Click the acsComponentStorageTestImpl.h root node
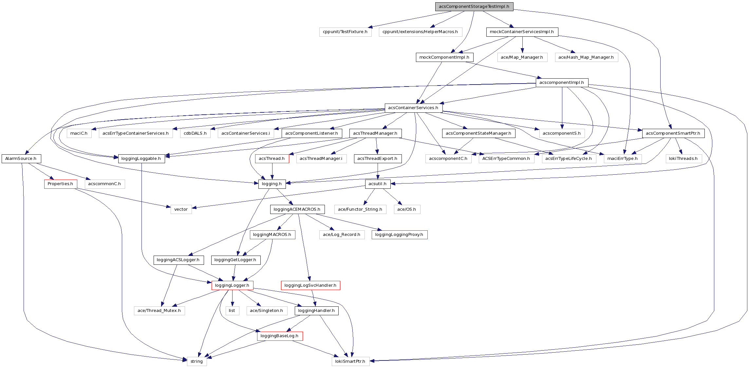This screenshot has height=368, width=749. click(474, 7)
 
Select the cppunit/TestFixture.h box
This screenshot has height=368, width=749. click(345, 32)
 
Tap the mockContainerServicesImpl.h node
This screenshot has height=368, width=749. click(522, 32)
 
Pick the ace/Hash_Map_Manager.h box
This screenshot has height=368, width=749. click(586, 57)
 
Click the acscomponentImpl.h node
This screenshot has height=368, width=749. click(562, 83)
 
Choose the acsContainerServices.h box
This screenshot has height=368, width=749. click(413, 108)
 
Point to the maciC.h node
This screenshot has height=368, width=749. click(79, 133)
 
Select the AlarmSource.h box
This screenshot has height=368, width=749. click(21, 159)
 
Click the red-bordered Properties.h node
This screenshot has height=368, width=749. click(61, 184)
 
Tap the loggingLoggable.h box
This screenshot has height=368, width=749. click(141, 159)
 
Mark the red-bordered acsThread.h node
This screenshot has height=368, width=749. click(272, 159)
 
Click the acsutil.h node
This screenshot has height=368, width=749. click(378, 184)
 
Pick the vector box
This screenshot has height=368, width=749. click(181, 209)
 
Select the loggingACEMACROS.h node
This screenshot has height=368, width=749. click(297, 209)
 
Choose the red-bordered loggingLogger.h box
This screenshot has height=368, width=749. click(232, 285)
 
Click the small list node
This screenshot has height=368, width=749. click(232, 311)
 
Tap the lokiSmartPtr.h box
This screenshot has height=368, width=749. click(350, 361)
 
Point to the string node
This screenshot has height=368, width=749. click(197, 361)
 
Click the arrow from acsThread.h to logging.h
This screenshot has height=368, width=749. click(272, 171)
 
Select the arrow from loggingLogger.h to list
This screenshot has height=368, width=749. click(232, 298)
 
